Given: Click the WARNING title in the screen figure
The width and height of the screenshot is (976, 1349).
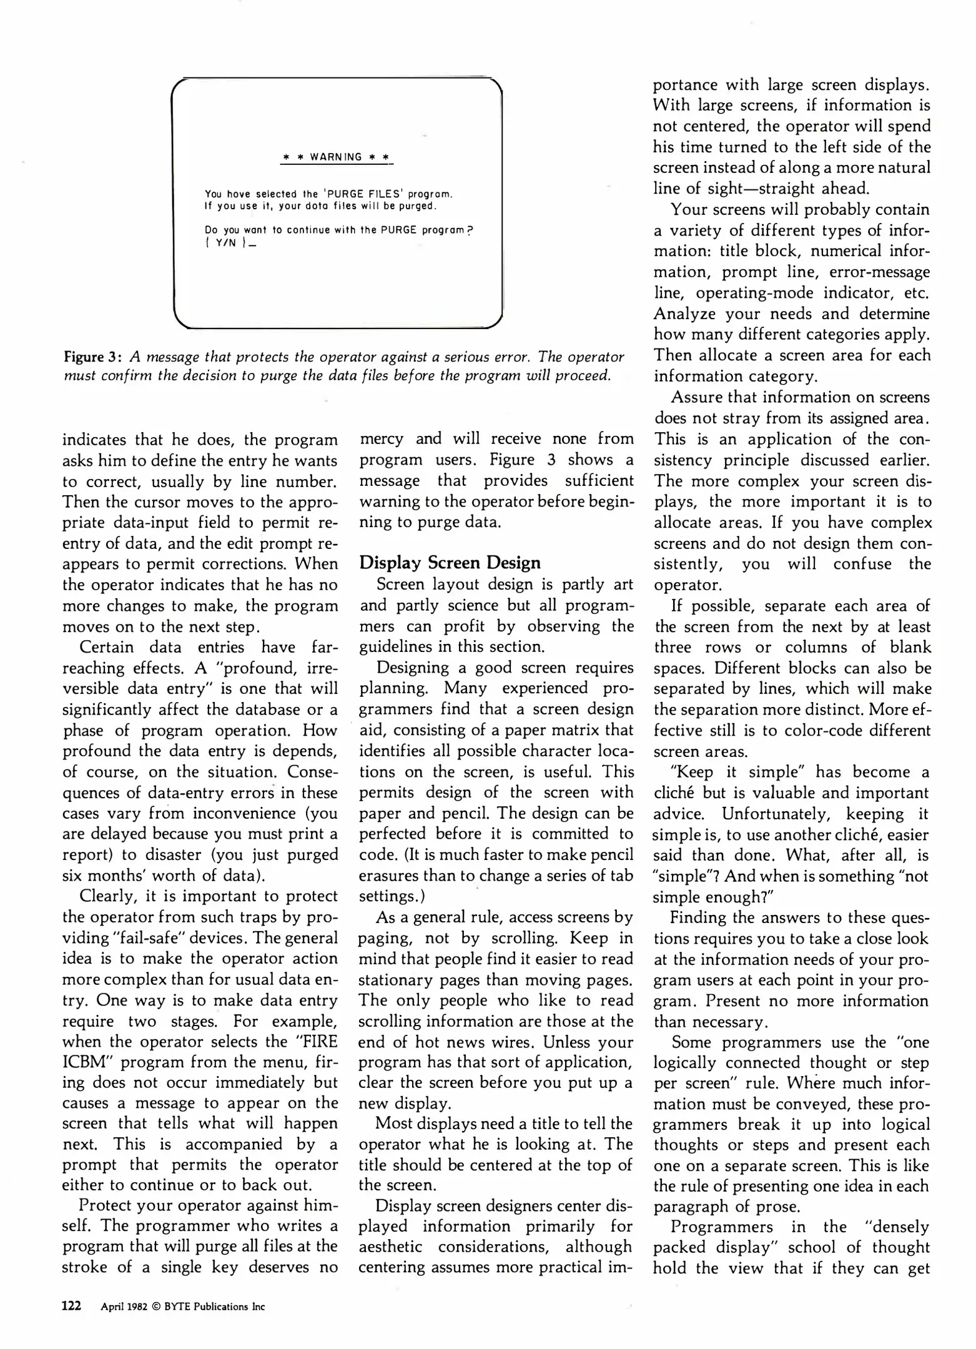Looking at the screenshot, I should (337, 157).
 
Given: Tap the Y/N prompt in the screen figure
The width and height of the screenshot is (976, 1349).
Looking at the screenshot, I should (225, 244).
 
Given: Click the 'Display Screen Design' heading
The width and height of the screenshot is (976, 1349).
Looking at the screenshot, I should (450, 563).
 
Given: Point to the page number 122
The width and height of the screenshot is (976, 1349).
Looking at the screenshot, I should (72, 1306).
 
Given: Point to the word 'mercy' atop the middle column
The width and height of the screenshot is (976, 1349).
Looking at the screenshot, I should (382, 439).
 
